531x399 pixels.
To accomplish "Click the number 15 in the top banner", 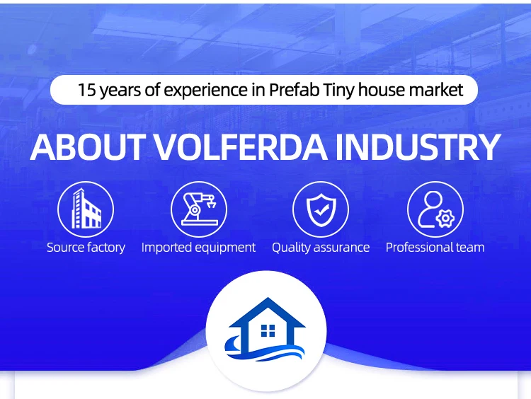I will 86,91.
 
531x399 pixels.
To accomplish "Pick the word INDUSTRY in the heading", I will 418,147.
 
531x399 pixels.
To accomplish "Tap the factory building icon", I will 86,209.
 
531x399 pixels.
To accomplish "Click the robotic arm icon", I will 198,209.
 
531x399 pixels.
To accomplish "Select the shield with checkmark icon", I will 321,209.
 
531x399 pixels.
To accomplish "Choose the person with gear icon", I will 435,209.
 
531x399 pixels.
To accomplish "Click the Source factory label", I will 86,248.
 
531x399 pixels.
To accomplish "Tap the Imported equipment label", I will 198,248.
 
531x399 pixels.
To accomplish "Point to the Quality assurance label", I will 321,248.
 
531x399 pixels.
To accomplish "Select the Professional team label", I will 435,248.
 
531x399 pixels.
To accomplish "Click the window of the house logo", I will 268,330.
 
